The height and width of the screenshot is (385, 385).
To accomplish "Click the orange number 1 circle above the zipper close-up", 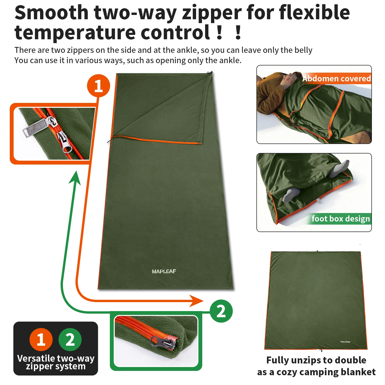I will tap(99, 86).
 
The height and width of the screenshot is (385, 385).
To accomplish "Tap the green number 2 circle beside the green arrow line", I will tap(221, 311).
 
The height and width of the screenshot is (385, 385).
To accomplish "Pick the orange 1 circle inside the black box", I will tap(41, 339).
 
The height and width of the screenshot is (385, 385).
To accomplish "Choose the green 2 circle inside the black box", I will tap(70, 339).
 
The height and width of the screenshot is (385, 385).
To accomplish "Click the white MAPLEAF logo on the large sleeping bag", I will tap(164, 271).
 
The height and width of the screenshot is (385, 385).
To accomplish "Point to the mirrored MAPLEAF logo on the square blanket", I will tap(345, 342).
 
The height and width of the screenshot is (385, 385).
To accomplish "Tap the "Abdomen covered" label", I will tap(336, 78).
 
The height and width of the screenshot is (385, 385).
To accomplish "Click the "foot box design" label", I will tap(341, 219).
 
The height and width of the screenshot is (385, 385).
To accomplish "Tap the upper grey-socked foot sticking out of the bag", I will tap(340, 168).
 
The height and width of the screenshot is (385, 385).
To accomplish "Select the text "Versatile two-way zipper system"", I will tap(56, 362).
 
